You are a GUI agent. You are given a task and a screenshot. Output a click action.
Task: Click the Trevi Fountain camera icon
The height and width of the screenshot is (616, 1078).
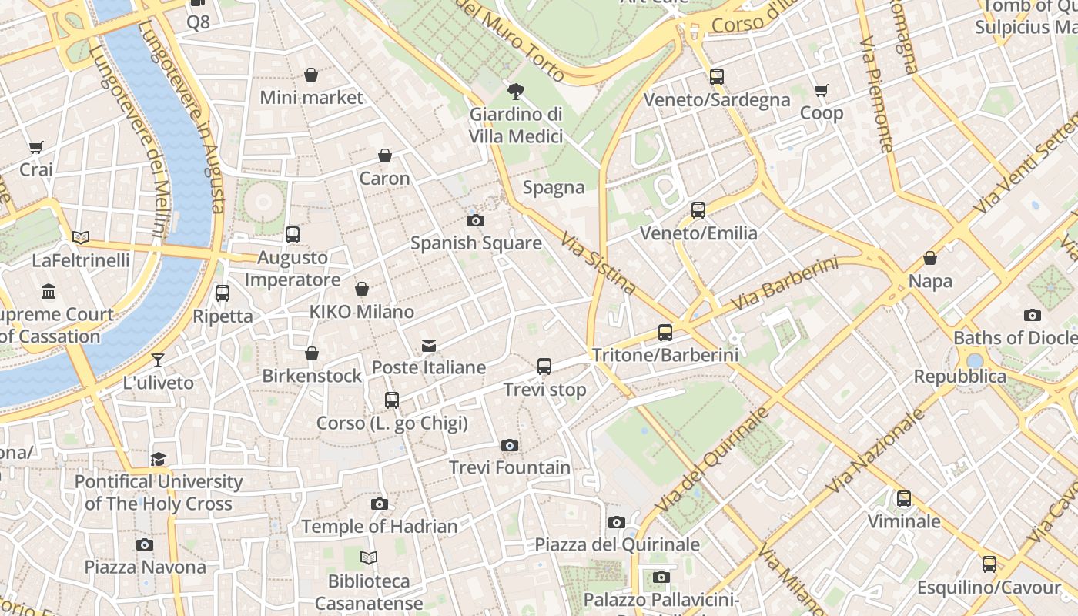click(509, 445)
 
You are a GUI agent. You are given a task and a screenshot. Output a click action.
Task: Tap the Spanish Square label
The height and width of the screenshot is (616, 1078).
click(476, 243)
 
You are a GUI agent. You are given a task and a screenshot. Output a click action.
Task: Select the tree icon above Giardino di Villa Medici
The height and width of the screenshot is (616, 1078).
click(515, 92)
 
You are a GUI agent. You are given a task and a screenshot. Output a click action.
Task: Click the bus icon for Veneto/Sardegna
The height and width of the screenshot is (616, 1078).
click(717, 77)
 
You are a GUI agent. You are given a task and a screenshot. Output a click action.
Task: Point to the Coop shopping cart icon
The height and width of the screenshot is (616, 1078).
click(822, 91)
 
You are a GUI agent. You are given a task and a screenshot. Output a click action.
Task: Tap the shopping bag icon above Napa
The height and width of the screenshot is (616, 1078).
click(930, 258)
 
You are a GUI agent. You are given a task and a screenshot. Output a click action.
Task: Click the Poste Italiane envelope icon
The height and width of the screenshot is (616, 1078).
click(429, 346)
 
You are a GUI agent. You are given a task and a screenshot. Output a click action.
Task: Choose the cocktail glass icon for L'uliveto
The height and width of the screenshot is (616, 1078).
click(158, 360)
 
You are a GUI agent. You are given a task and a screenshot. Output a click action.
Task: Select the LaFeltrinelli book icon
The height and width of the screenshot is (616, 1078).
click(81, 237)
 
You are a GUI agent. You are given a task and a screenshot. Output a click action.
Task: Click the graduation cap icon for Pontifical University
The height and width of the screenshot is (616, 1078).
click(159, 459)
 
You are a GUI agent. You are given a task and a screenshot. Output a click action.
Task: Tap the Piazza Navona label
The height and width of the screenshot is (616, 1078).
click(146, 567)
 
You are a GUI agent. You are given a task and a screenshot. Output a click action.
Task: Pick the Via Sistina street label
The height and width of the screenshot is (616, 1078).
click(598, 264)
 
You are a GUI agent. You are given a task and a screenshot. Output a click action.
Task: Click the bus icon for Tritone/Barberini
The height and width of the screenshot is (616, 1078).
click(665, 333)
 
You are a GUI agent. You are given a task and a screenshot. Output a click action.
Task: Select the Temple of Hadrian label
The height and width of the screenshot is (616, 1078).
click(380, 527)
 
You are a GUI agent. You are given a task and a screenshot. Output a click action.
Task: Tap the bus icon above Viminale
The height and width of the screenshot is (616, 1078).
click(904, 499)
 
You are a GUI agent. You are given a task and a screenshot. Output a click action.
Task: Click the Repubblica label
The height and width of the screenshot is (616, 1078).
click(960, 377)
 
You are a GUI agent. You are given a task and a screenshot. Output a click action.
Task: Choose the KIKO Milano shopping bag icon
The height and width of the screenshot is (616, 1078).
click(362, 289)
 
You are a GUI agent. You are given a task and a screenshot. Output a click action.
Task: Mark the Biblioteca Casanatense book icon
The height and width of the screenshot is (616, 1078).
click(370, 557)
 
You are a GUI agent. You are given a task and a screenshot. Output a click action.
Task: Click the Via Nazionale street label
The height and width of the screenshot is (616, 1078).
click(875, 450)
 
